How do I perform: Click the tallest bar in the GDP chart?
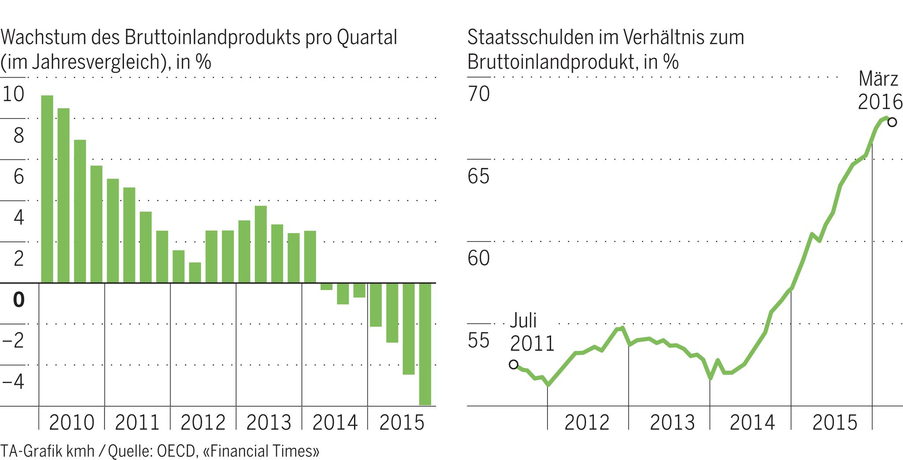(47, 189)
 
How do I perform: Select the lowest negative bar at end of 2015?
(425, 344)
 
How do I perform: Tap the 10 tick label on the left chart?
(13, 94)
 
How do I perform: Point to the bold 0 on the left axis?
(19, 300)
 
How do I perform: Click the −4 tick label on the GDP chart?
(13, 381)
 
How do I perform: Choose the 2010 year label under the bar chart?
(71, 422)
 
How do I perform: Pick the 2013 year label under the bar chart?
(269, 422)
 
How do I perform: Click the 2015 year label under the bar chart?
(401, 422)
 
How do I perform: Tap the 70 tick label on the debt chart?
(479, 94)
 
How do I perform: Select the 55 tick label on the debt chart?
(479, 340)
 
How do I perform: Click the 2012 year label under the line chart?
(587, 422)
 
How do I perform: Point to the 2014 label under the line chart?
(752, 422)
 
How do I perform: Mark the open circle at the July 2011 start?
(514, 365)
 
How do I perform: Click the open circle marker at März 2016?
(892, 122)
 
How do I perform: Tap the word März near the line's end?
(878, 79)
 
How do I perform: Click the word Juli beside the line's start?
(523, 320)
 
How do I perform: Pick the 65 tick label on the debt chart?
(479, 176)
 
